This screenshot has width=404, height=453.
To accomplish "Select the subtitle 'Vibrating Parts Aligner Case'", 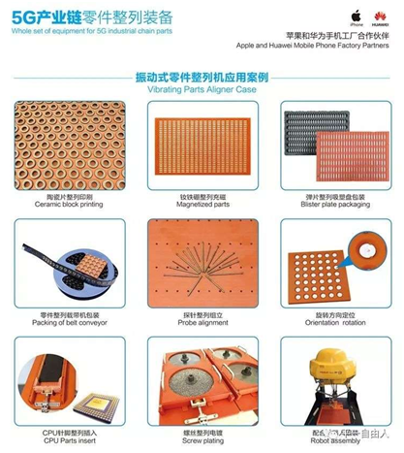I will point(202,87).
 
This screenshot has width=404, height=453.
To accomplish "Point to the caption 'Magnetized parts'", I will point(202,205).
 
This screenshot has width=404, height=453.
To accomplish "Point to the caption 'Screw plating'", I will point(202,439).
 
